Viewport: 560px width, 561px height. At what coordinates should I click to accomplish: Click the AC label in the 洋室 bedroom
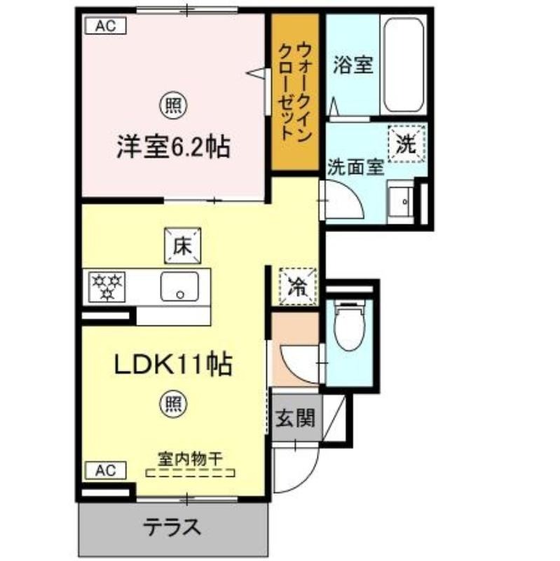pyautogui.click(x=106, y=26)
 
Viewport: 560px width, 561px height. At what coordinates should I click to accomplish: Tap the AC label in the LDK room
pyautogui.click(x=106, y=470)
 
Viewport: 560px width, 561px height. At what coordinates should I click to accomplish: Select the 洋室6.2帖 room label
pyautogui.click(x=173, y=147)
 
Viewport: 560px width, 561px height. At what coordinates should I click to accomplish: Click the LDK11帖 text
pyautogui.click(x=173, y=364)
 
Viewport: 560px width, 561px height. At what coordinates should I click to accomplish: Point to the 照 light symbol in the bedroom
pyautogui.click(x=173, y=105)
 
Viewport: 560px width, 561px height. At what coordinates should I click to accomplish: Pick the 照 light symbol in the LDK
pyautogui.click(x=173, y=404)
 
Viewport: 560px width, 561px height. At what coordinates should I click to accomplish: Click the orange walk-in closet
pyautogui.click(x=295, y=92)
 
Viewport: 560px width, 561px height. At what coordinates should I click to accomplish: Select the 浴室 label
pyautogui.click(x=353, y=65)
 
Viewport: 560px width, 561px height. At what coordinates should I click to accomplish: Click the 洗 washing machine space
pyautogui.click(x=407, y=144)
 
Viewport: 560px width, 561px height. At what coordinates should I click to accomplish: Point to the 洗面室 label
pyautogui.click(x=356, y=167)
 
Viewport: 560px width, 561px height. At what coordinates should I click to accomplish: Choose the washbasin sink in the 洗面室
pyautogui.click(x=400, y=201)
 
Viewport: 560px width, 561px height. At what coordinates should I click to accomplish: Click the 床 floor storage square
pyautogui.click(x=182, y=246)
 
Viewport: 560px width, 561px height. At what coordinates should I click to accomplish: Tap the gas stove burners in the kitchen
pyautogui.click(x=107, y=287)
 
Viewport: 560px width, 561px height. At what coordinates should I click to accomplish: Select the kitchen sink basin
pyautogui.click(x=179, y=287)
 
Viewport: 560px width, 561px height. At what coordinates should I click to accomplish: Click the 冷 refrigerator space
pyautogui.click(x=299, y=286)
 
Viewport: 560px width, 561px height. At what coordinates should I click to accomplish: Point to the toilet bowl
pyautogui.click(x=349, y=325)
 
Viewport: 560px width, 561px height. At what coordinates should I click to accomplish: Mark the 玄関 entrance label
pyautogui.click(x=295, y=417)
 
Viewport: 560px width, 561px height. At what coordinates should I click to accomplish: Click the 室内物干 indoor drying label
pyautogui.click(x=191, y=459)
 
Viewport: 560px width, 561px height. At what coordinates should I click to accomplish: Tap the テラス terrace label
pyautogui.click(x=172, y=527)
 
